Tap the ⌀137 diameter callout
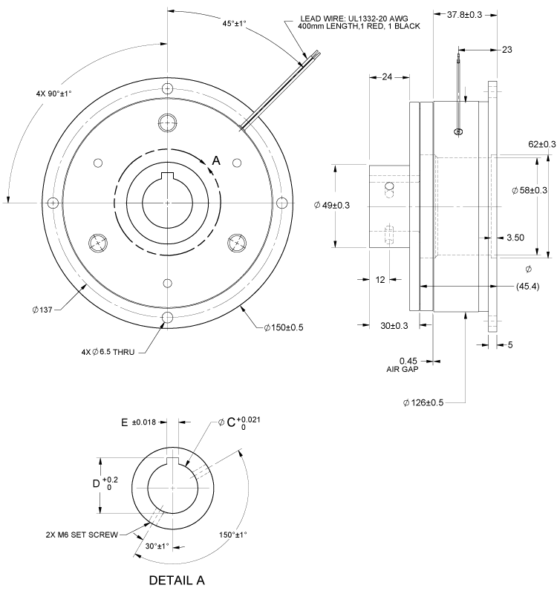(x=41, y=309)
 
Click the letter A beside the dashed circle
(x=216, y=160)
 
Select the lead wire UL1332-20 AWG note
(x=359, y=22)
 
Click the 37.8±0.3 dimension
(x=460, y=14)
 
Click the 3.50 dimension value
(x=515, y=238)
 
